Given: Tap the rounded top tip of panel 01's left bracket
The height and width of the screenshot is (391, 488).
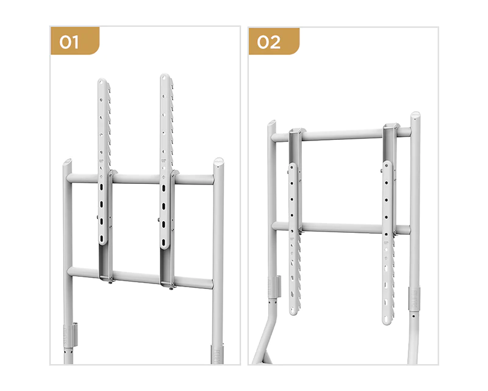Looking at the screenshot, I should pos(103,82).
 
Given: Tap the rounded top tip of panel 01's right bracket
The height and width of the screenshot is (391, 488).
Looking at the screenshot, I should pos(165,78).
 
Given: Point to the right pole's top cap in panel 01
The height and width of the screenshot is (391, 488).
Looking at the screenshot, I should pos(218,163).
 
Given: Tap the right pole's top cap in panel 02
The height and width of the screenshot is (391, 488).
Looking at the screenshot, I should pos(415,116).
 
